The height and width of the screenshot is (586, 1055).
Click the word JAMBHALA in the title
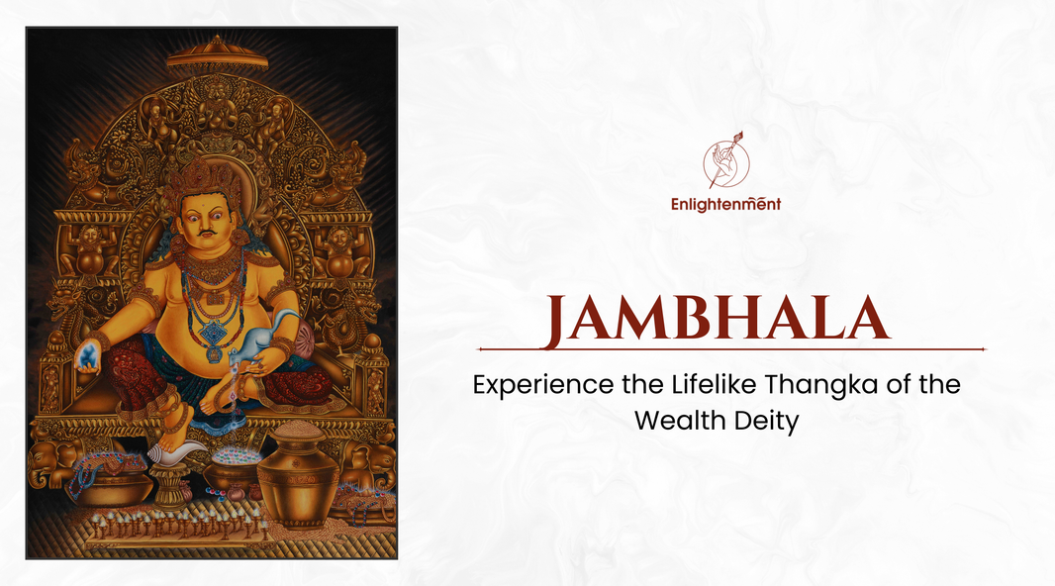click(x=718, y=319)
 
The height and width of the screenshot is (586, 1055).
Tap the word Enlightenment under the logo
click(x=726, y=204)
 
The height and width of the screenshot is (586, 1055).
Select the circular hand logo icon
click(x=726, y=162)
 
